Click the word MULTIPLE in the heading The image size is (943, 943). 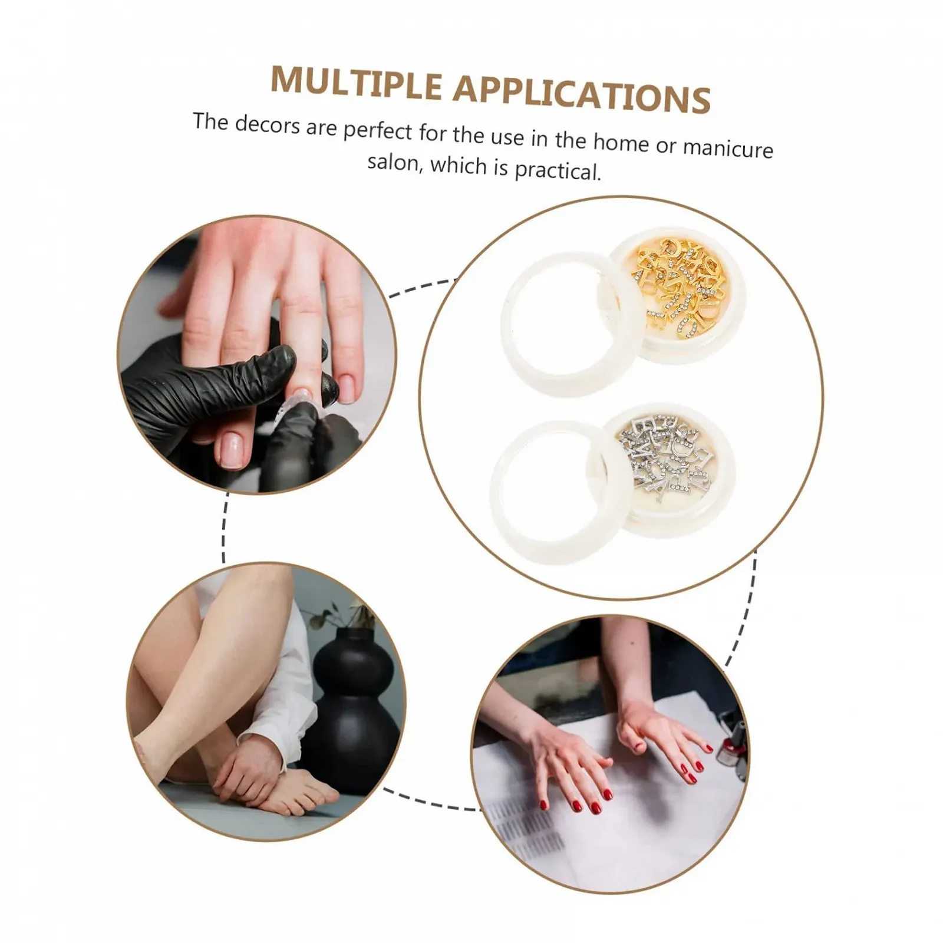(356, 83)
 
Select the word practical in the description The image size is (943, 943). (558, 171)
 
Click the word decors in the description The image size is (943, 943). (267, 124)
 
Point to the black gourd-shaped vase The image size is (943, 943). (354, 710)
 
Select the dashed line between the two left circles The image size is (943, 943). (225, 528)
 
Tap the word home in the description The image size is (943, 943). (620, 142)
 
